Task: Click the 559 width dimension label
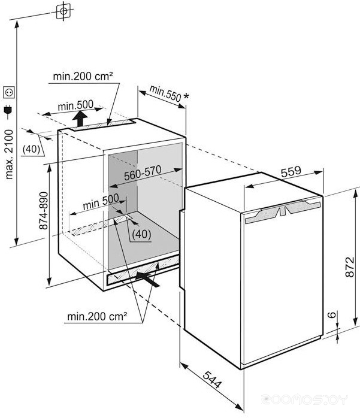pyautogui.click(x=291, y=171)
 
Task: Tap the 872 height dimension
pyautogui.click(x=350, y=267)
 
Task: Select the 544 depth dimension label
pyautogui.click(x=212, y=379)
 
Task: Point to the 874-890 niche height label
pyautogui.click(x=44, y=211)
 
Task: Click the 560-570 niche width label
pyautogui.click(x=143, y=172)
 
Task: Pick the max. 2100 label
pyautogui.click(x=9, y=154)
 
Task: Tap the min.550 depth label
pyautogui.click(x=165, y=93)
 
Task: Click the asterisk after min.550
pyautogui.click(x=186, y=96)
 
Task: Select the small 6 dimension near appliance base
pyautogui.click(x=332, y=314)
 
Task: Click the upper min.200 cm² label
pyautogui.click(x=83, y=77)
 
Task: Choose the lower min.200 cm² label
pyautogui.click(x=97, y=317)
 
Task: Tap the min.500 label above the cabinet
pyautogui.click(x=75, y=105)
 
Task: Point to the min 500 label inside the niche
pyautogui.click(x=101, y=202)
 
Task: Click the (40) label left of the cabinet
pyautogui.click(x=31, y=149)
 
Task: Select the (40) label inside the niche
pyautogui.click(x=141, y=234)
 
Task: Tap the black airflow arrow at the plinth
pyautogui.click(x=147, y=279)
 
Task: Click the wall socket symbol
pyautogui.click(x=9, y=92)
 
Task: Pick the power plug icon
pyautogui.click(x=8, y=112)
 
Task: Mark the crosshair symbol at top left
pyautogui.click(x=63, y=11)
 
